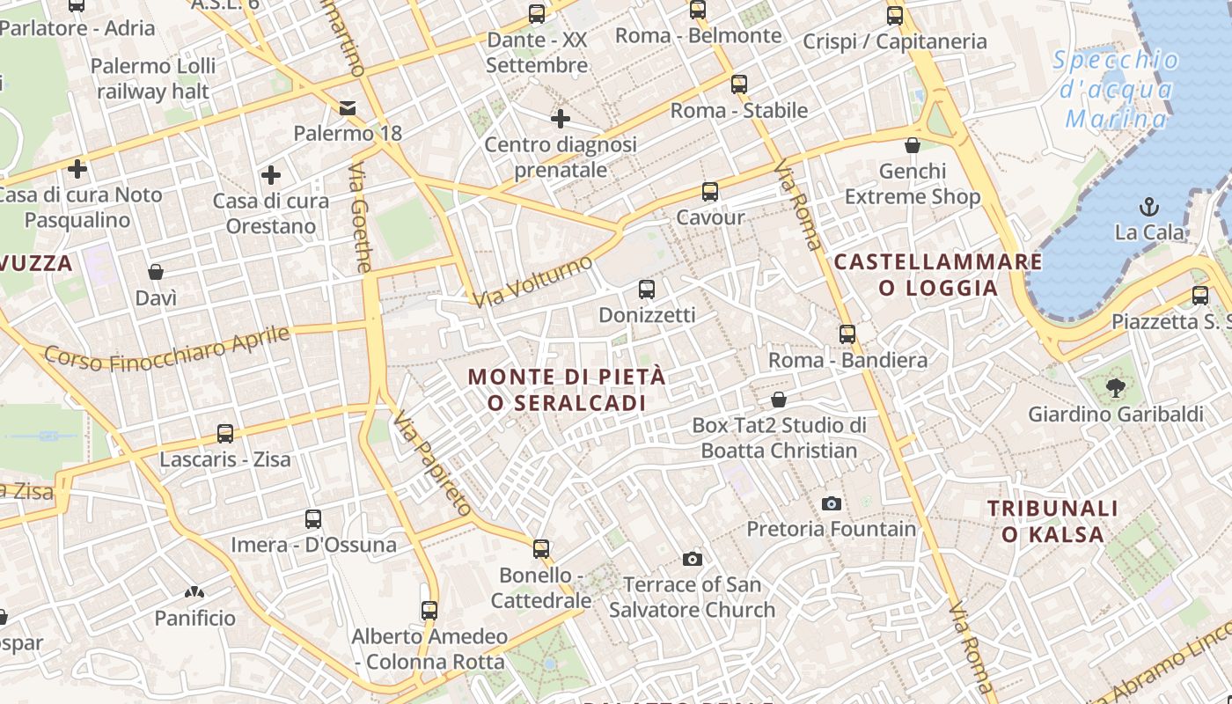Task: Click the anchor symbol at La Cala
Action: pyautogui.click(x=1148, y=207)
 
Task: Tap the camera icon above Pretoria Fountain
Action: pyautogui.click(x=831, y=503)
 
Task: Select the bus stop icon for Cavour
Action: pyautogui.click(x=709, y=191)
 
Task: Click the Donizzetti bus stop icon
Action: pyautogui.click(x=647, y=289)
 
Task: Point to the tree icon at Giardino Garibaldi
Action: pyautogui.click(x=1115, y=387)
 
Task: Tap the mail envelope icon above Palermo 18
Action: pyautogui.click(x=348, y=108)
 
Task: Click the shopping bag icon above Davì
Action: pyautogui.click(x=156, y=272)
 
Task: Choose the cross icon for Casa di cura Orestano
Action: pyautogui.click(x=271, y=175)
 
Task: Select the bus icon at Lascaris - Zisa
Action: pyautogui.click(x=225, y=434)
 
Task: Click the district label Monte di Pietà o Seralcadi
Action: pyautogui.click(x=567, y=390)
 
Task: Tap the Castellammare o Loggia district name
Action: pyautogui.click(x=938, y=275)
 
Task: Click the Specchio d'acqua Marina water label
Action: pyautogui.click(x=1116, y=89)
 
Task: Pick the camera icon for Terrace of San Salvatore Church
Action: pyautogui.click(x=693, y=559)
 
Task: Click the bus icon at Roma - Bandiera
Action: pyautogui.click(x=847, y=334)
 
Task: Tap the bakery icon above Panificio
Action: pyautogui.click(x=194, y=593)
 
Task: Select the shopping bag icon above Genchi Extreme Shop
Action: pyautogui.click(x=913, y=145)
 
